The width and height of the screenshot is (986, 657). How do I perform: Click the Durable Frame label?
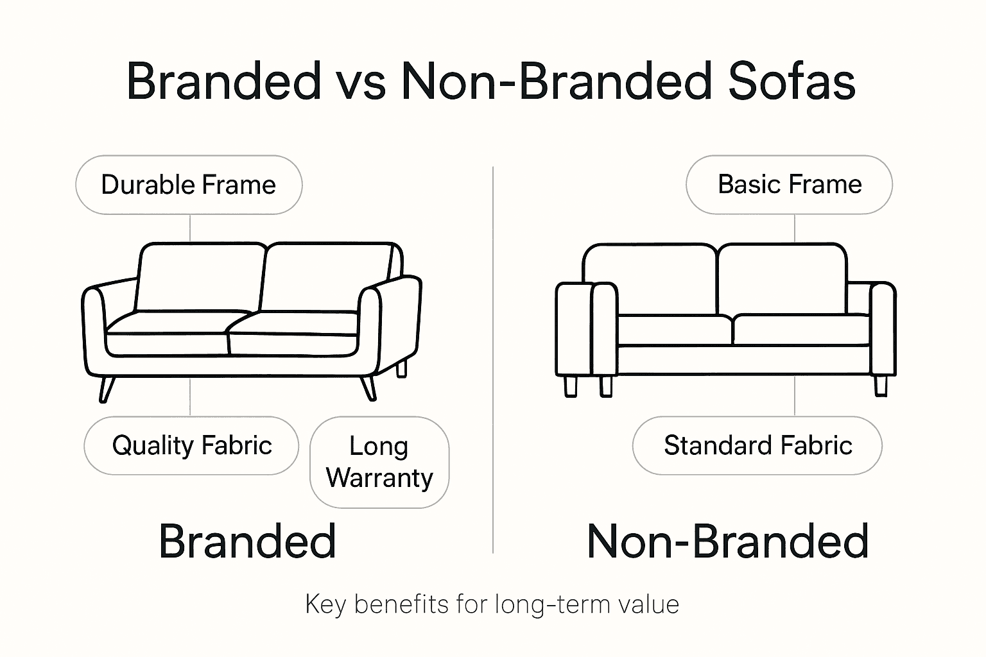[x=189, y=185]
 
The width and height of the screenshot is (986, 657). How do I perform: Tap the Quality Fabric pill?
[x=191, y=445]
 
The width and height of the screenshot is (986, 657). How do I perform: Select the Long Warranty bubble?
[x=379, y=462]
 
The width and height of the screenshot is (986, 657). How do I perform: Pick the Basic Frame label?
[x=789, y=185]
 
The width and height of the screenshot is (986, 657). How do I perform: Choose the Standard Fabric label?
[x=757, y=445]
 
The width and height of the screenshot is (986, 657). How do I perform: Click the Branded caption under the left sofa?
[x=247, y=541]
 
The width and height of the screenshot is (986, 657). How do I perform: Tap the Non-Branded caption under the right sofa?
[x=728, y=541]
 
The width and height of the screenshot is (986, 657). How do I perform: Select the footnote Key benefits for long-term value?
[x=492, y=604]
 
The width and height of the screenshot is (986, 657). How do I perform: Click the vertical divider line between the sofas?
[x=493, y=359]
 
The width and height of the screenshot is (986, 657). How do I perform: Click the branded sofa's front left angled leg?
[x=106, y=389]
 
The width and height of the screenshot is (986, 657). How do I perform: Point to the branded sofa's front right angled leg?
[x=368, y=388]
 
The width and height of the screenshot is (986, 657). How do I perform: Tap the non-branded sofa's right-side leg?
[x=881, y=385]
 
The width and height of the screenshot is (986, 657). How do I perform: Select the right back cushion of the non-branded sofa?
[x=782, y=279]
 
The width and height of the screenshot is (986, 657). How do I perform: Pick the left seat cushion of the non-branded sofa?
[x=674, y=330]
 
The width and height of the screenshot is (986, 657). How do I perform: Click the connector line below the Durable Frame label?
[x=190, y=228]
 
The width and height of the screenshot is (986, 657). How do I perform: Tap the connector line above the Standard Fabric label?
[x=795, y=396]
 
